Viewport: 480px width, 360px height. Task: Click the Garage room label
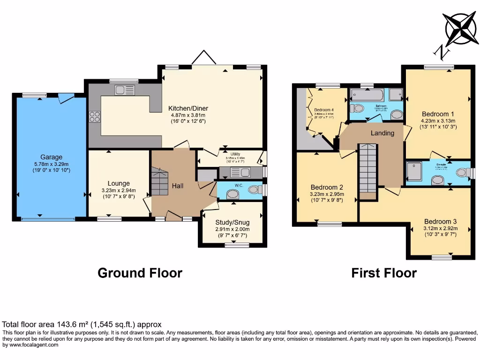(x=51, y=157)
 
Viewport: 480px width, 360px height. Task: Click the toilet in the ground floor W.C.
(x=254, y=190)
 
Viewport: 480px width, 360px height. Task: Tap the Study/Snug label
(x=232, y=222)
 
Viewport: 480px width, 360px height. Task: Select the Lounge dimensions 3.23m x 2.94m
(x=119, y=190)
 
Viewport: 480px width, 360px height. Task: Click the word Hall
(x=177, y=186)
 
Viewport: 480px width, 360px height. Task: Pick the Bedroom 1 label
(x=438, y=114)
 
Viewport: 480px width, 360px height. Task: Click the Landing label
(x=382, y=133)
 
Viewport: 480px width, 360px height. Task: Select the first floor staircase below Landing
(x=368, y=169)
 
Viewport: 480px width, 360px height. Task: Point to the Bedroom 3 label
(x=440, y=222)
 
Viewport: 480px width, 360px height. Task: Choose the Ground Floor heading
(x=140, y=273)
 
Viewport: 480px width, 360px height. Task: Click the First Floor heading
(x=384, y=273)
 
